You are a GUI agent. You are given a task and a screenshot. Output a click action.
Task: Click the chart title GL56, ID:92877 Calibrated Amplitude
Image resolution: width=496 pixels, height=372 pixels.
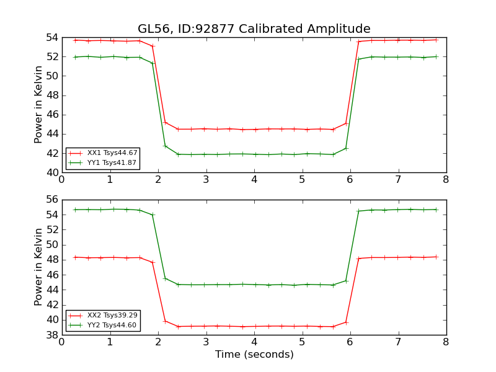pos(254,29)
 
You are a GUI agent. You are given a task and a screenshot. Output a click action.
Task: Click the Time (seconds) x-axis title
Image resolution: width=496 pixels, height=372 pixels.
pos(254,355)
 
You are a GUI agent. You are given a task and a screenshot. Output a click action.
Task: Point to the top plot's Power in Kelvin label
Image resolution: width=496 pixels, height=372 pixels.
pos(39,104)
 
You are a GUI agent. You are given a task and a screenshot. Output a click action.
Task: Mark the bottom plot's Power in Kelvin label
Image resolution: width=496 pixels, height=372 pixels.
pos(39,267)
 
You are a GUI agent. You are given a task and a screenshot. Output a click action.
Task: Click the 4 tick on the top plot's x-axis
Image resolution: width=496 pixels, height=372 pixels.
pos(254,180)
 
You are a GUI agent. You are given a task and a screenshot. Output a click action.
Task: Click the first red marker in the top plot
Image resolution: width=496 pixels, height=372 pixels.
pos(75,40)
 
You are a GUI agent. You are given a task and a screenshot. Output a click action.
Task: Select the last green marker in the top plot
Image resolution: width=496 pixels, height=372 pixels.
pos(436,56)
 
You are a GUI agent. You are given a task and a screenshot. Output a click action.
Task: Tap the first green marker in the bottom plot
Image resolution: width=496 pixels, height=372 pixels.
pos(75,210)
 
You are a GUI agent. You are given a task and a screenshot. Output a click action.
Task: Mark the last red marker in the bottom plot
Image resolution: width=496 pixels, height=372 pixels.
pos(436,257)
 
